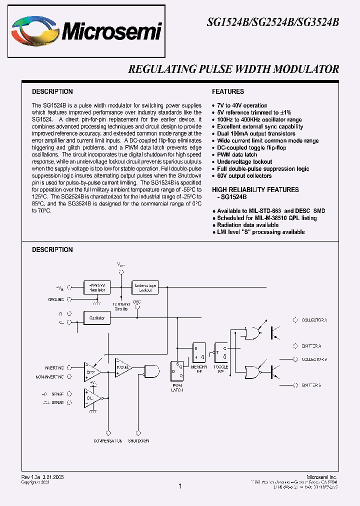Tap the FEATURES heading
228,92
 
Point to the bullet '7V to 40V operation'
242,106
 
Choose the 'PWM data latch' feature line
237,155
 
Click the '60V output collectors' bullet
244,176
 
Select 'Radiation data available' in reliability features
247,225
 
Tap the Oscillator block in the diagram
97,317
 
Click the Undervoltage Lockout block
144,287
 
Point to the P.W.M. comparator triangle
122,367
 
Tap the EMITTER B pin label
311,385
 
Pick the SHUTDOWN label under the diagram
138,441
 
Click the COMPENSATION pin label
108,441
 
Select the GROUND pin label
56,299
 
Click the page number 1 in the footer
180,486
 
